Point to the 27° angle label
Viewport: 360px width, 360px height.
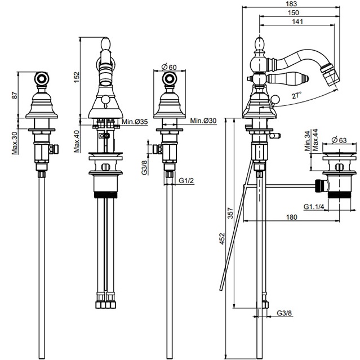[x=296, y=96]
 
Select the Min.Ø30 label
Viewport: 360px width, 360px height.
[x=204, y=121]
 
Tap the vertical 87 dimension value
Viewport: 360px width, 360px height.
[x=13, y=95]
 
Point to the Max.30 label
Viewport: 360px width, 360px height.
[x=13, y=143]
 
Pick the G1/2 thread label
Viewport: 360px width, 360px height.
[x=186, y=181]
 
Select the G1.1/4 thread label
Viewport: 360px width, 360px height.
[x=313, y=207]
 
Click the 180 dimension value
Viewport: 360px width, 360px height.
[x=291, y=217]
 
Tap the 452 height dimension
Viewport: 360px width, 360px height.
[x=223, y=238]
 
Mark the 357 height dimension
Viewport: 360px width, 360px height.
[x=230, y=214]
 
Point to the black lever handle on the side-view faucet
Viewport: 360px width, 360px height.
[x=280, y=78]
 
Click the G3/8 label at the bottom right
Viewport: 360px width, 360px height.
[x=285, y=313]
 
